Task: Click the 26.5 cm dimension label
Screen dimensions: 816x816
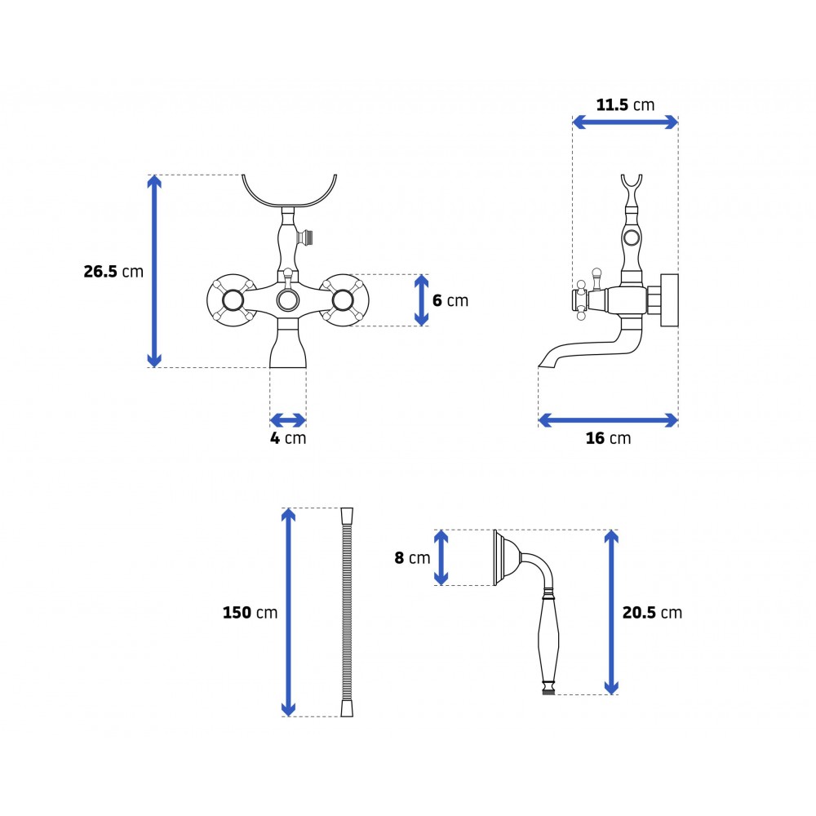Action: [113, 271]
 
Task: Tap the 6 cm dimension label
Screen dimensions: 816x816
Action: [450, 300]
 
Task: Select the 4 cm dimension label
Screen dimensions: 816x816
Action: [288, 438]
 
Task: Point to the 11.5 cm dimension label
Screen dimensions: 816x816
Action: [625, 104]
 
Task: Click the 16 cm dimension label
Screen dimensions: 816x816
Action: [608, 438]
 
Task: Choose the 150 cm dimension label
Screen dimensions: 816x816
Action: [250, 613]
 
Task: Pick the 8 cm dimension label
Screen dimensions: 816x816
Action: [412, 558]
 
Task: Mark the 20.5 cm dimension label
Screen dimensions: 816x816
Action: [652, 613]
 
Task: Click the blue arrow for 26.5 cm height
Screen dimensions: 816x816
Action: [154, 271]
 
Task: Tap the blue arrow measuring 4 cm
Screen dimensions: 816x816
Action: [288, 420]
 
